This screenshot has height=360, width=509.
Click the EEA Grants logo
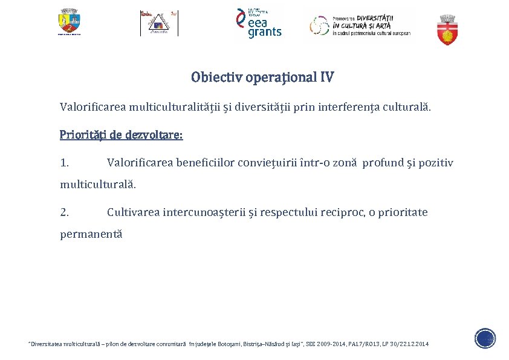(x=259, y=24)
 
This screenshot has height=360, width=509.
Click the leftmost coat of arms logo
(x=70, y=22)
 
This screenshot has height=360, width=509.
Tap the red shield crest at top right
(x=447, y=30)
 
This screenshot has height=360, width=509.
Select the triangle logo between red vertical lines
(x=159, y=24)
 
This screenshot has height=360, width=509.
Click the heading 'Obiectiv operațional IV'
(x=262, y=77)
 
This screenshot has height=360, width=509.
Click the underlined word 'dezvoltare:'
(x=154, y=134)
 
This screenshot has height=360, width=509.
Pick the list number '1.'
(x=64, y=163)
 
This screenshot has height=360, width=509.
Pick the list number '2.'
(x=64, y=212)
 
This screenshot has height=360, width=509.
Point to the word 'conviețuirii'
(x=268, y=163)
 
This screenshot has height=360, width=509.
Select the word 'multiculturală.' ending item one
(x=98, y=184)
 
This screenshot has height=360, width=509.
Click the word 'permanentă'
(x=91, y=234)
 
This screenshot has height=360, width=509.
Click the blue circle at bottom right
(x=485, y=338)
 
